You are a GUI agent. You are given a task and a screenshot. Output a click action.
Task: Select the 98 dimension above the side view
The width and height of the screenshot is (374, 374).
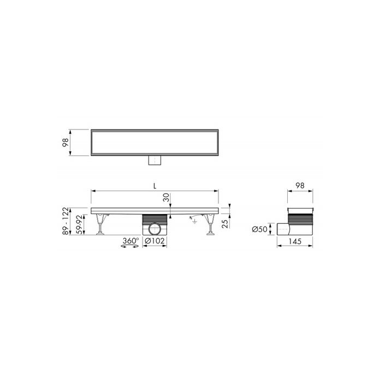click(300, 186)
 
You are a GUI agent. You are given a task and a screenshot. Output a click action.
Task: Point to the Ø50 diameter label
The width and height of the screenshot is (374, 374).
click(260, 229)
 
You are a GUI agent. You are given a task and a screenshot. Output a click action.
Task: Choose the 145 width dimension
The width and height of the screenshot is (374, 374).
click(295, 241)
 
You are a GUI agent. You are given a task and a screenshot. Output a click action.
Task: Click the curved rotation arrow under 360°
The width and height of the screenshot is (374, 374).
click(129, 247)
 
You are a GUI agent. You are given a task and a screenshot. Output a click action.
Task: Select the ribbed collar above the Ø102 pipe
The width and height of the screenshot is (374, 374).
click(156, 218)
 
